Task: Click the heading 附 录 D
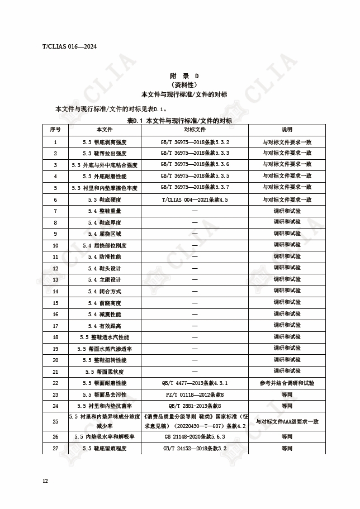[x=184, y=75]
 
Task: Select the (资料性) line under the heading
[x=184, y=85]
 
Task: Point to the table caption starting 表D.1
[x=179, y=120]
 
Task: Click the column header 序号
[x=55, y=130]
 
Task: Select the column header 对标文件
[x=195, y=130]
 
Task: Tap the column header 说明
[x=287, y=130]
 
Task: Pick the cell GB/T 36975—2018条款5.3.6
[x=195, y=164]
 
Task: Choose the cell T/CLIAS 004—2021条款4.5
[x=195, y=199]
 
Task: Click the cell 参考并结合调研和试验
[x=287, y=383]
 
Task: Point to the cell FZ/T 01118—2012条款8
[x=195, y=394]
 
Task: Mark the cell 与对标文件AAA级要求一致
[x=287, y=421]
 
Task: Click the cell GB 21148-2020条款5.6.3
[x=195, y=436]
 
